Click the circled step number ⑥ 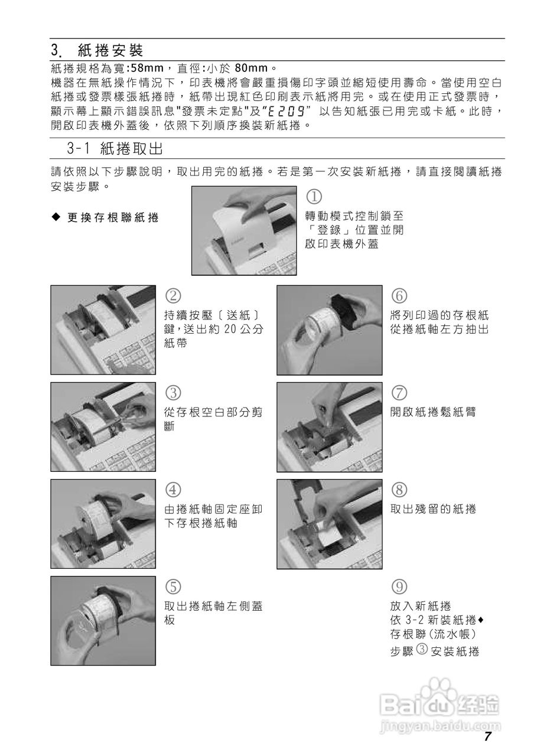point(399,295)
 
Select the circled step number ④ point(172,489)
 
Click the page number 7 point(487,737)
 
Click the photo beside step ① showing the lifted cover point(244,230)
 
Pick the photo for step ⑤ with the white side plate point(103,621)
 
